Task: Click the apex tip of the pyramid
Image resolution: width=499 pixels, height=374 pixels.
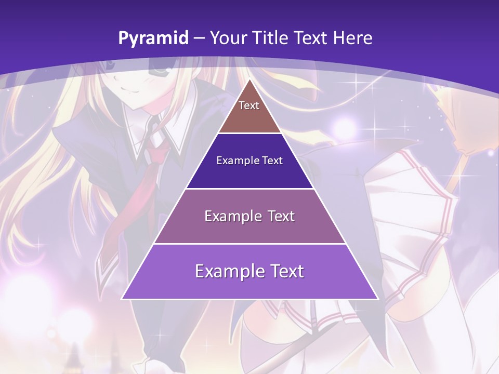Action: [x=249, y=81]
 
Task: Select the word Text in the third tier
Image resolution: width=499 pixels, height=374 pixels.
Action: [x=277, y=216]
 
